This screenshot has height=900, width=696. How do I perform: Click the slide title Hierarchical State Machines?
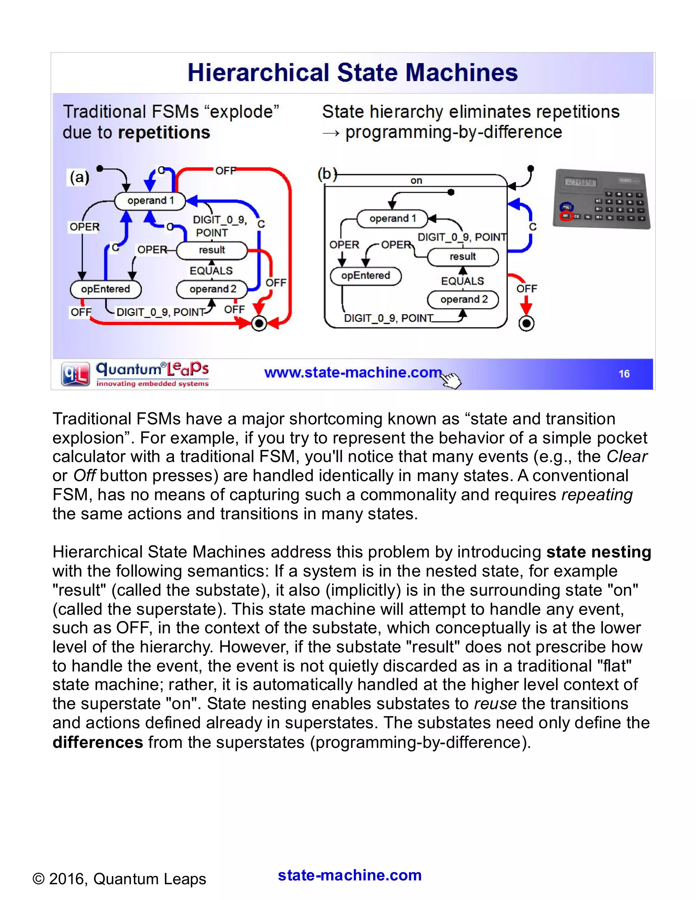(352, 73)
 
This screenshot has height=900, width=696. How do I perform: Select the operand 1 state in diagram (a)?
(150, 201)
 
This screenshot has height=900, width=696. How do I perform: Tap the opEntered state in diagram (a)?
(106, 289)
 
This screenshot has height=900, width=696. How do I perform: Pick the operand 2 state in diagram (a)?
(212, 289)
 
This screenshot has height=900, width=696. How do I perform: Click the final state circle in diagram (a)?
(259, 323)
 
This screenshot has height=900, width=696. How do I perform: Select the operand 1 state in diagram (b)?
(392, 219)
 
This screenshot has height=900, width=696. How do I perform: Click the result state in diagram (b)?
(463, 257)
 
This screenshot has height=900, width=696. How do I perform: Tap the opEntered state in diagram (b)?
(365, 275)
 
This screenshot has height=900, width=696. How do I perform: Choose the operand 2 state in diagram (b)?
(463, 299)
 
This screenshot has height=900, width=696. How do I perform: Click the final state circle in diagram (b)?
(526, 323)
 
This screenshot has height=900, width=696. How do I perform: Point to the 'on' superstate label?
(416, 180)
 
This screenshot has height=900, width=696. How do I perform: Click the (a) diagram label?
(79, 178)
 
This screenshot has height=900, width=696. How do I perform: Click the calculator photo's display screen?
(580, 182)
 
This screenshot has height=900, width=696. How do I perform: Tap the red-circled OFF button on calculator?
(566, 216)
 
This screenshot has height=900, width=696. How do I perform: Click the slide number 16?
(624, 374)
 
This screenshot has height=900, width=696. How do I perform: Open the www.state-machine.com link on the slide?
(352, 373)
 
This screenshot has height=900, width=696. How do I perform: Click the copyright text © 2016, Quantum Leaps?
(119, 879)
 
